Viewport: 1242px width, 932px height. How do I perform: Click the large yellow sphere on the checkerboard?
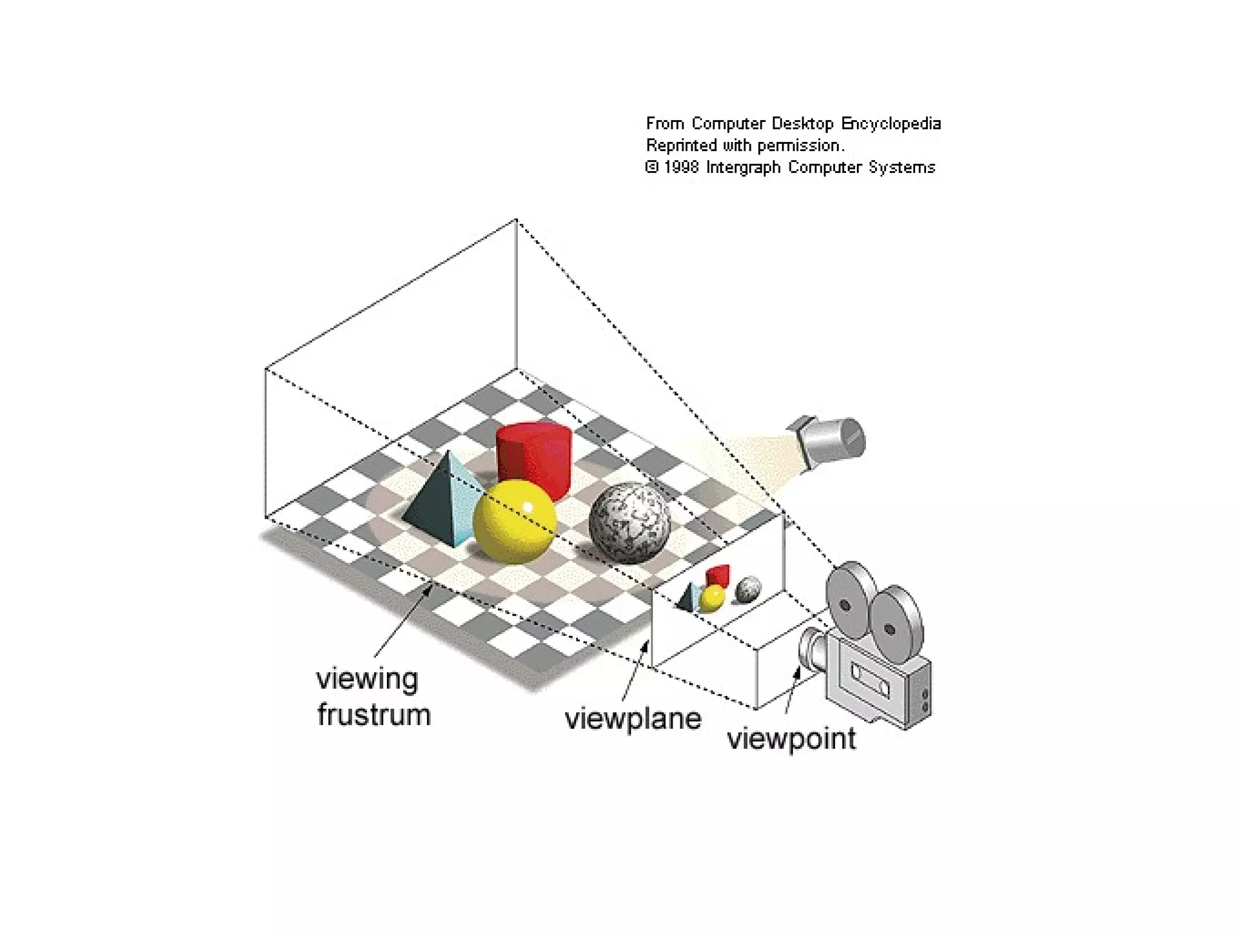(514, 522)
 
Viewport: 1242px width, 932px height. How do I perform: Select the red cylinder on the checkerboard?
(534, 458)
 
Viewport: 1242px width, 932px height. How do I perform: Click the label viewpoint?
(791, 739)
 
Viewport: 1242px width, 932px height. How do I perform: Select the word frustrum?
(374, 715)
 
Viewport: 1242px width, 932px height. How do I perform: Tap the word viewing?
(368, 680)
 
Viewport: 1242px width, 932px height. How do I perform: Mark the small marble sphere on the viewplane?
(748, 589)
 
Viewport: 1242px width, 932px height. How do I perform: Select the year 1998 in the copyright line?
(681, 167)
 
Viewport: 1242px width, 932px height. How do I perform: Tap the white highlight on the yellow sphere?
(528, 507)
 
